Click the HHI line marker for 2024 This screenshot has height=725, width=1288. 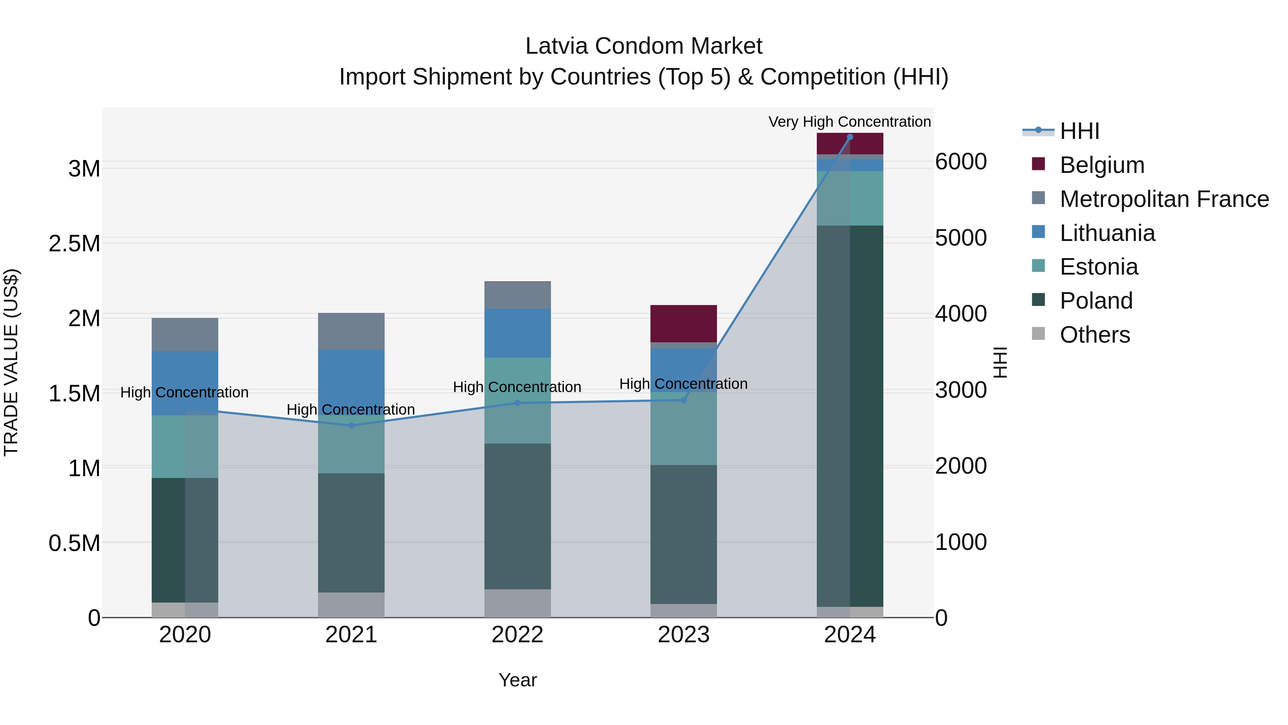[x=849, y=137]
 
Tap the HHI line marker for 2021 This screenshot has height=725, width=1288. [x=351, y=426]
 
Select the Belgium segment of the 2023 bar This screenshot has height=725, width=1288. [x=683, y=323]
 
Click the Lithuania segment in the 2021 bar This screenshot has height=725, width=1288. [x=351, y=380]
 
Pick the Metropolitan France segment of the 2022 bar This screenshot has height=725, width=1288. [x=517, y=295]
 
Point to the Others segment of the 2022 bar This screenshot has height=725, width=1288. [x=517, y=603]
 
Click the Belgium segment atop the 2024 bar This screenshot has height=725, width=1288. [x=849, y=144]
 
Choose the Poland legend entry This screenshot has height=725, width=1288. [x=1096, y=301]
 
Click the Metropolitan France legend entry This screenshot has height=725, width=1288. [x=1163, y=199]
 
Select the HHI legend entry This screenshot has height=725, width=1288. [x=1079, y=131]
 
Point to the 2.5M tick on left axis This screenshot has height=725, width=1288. [x=74, y=244]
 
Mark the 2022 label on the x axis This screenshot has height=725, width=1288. [x=517, y=635]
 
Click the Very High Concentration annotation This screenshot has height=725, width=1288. [x=849, y=122]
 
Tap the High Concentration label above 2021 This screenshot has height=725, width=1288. [x=351, y=409]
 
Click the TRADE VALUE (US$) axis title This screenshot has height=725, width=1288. [x=11, y=362]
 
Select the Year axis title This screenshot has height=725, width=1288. [x=517, y=680]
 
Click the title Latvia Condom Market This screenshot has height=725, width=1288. [x=644, y=46]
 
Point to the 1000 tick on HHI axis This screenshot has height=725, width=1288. [x=961, y=542]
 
